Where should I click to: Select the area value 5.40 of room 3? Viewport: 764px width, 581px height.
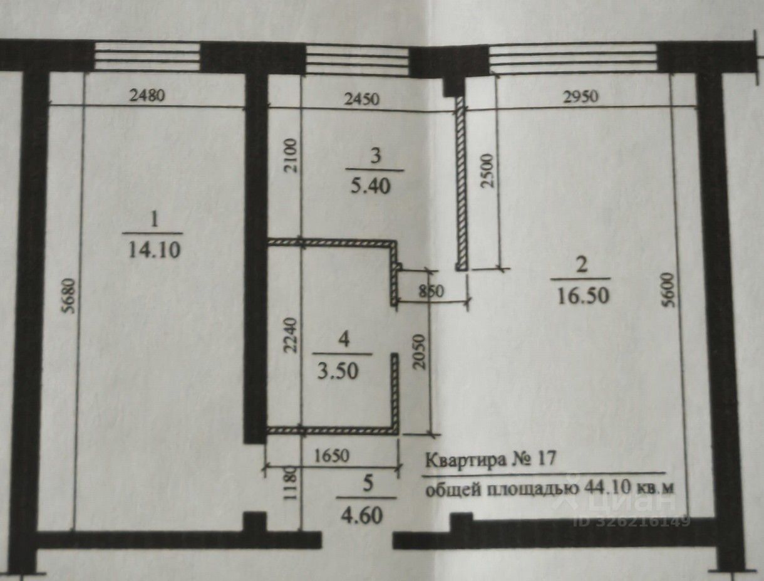[x=370, y=186]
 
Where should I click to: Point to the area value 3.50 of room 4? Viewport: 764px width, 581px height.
[x=338, y=371]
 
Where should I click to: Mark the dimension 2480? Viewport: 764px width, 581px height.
[x=147, y=95]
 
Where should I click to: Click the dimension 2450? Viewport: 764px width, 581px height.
[x=361, y=99]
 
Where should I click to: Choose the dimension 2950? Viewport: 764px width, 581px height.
[x=581, y=97]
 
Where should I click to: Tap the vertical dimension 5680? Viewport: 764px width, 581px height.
[x=70, y=295]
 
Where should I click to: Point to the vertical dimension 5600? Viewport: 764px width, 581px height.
[x=669, y=290]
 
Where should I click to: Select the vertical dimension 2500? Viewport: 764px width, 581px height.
[x=487, y=170]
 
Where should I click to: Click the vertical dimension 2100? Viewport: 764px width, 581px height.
[x=291, y=155]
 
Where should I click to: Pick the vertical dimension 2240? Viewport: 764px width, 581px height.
[x=291, y=335]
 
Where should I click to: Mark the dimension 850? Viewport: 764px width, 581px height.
[x=431, y=291]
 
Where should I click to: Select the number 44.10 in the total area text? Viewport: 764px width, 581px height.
[x=606, y=488]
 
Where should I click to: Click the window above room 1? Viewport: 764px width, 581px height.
[x=148, y=56]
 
